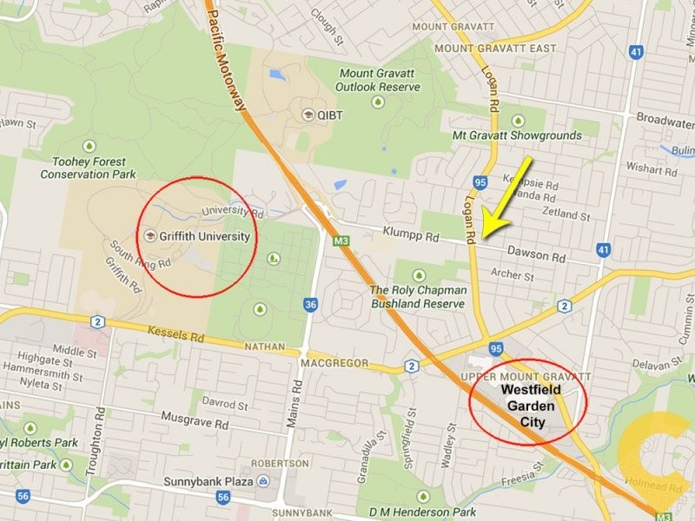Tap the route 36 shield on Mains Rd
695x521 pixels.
click(x=310, y=304)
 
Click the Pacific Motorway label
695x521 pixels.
click(x=227, y=56)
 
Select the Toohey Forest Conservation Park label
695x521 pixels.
click(x=89, y=168)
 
